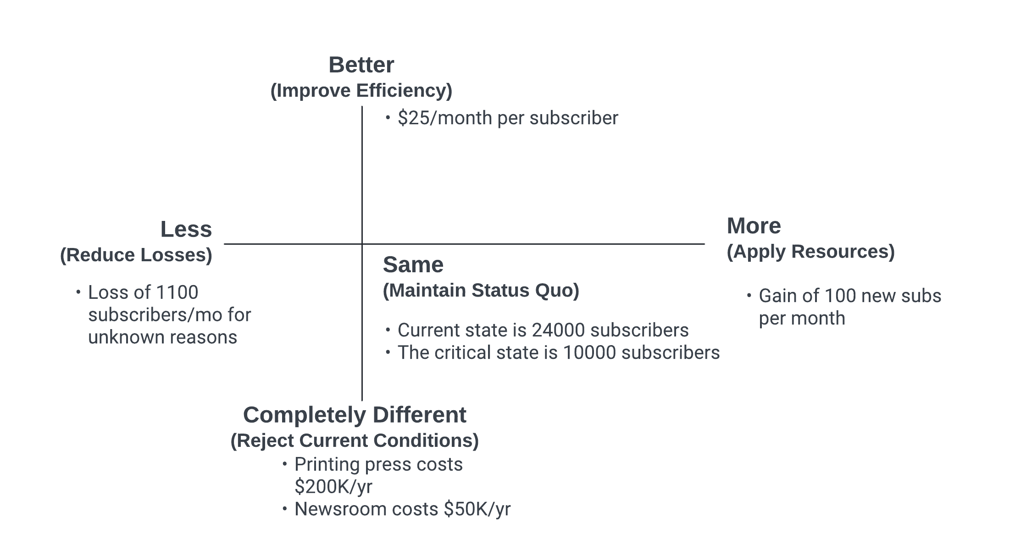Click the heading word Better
361,65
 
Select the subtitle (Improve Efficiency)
361,91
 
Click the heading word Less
186,229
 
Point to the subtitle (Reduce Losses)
136,255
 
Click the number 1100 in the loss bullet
177,292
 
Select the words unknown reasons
163,337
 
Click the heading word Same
413,265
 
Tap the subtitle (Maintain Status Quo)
481,291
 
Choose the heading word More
754,226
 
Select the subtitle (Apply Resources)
811,252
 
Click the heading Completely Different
355,415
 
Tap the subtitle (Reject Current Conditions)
355,440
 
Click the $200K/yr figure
333,487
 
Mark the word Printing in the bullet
327,465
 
